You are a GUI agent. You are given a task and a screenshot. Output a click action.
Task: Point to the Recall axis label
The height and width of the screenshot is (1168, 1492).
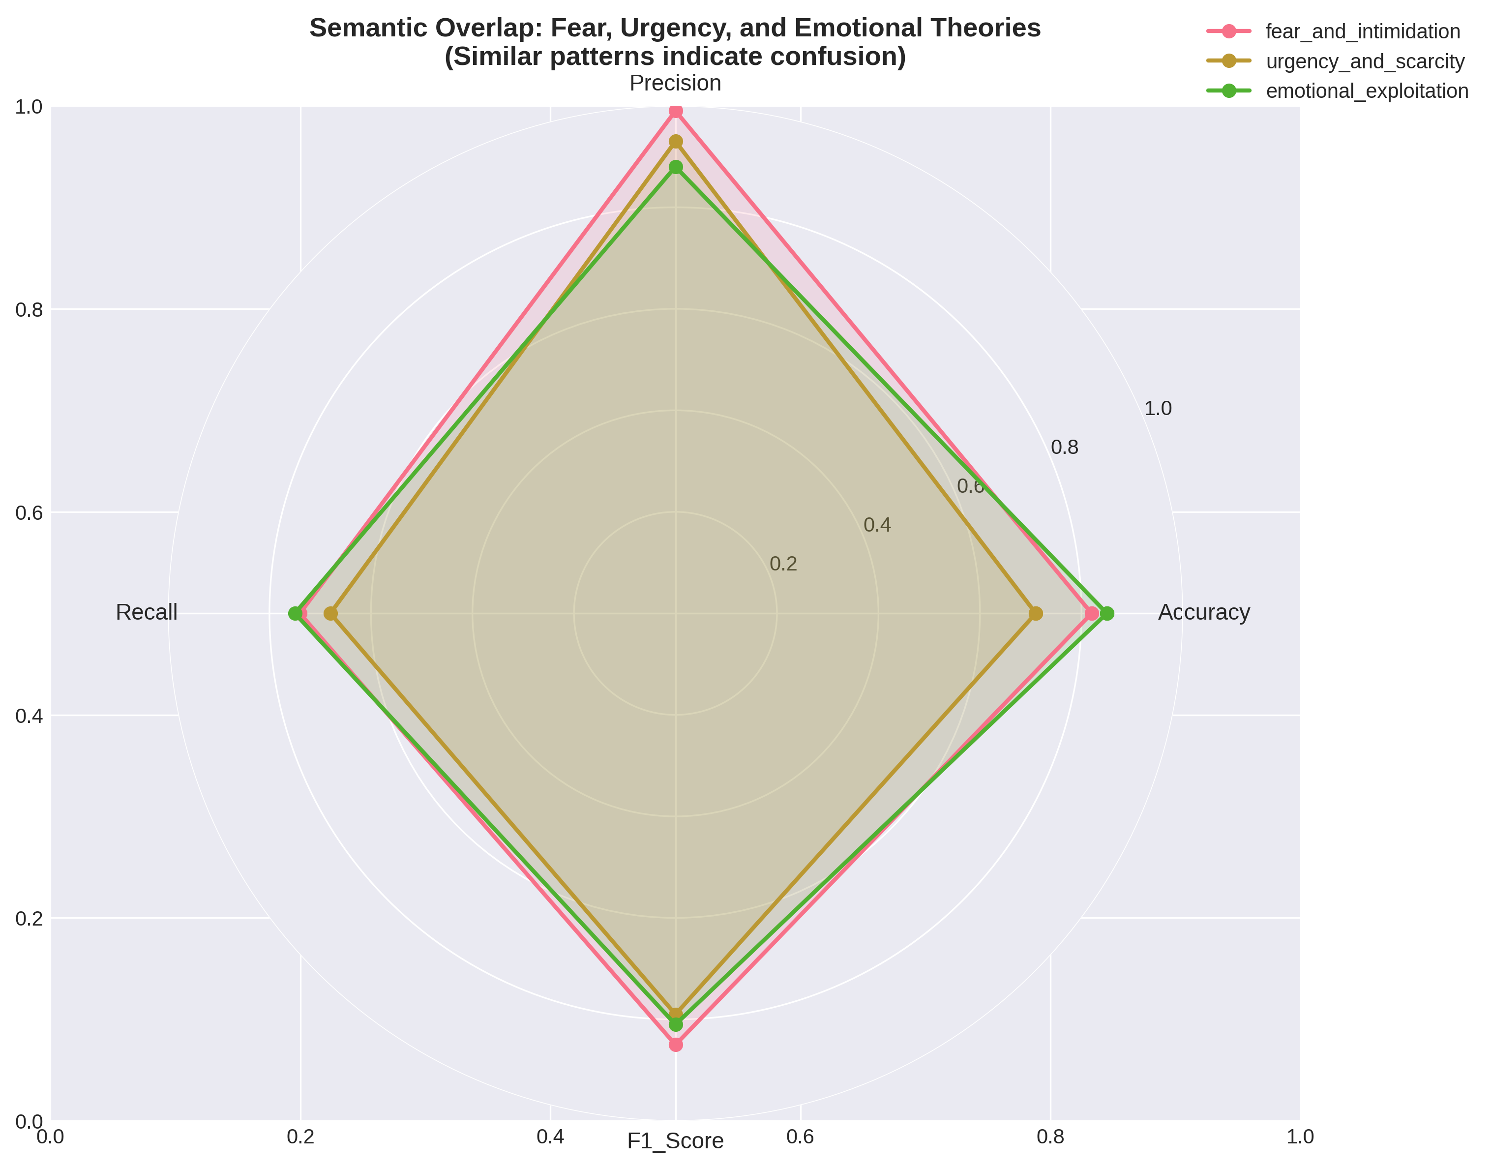click(147, 612)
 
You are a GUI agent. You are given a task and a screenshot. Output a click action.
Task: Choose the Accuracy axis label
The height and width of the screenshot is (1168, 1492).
click(1203, 612)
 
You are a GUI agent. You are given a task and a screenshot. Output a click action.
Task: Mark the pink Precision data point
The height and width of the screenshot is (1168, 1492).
click(676, 112)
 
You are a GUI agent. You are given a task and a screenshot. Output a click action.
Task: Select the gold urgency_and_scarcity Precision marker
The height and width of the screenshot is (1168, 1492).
click(676, 142)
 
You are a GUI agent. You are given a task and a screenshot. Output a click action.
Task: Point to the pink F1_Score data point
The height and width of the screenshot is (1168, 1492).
click(676, 1044)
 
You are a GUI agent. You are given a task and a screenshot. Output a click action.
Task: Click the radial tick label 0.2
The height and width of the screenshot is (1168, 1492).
click(783, 564)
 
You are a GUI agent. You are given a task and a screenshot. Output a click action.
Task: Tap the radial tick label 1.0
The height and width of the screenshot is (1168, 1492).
click(1158, 409)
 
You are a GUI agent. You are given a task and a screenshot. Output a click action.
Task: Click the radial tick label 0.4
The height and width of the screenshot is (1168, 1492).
click(877, 525)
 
